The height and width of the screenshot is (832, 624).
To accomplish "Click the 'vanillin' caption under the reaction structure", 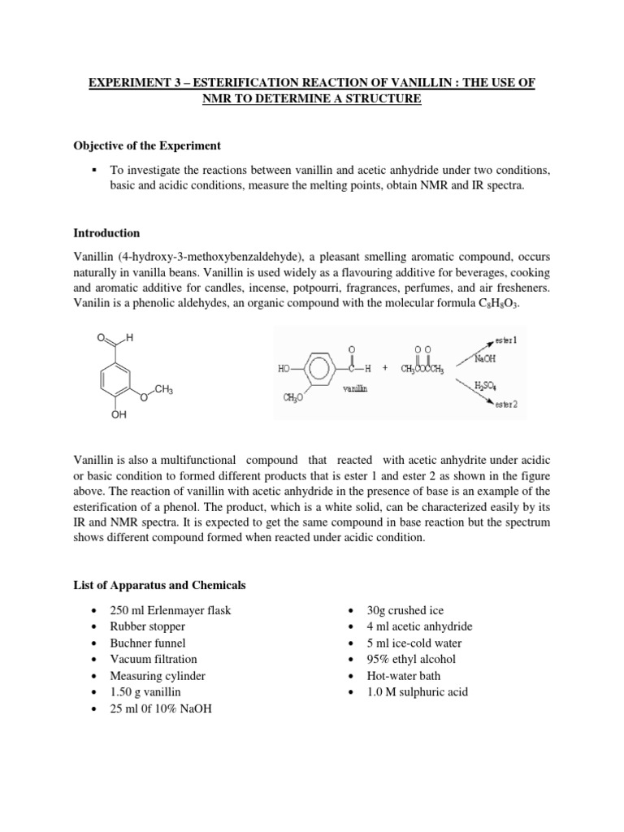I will tap(354, 389).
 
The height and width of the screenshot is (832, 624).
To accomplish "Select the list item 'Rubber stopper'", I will tap(148, 626).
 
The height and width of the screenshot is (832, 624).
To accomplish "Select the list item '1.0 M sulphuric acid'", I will tap(418, 692).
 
